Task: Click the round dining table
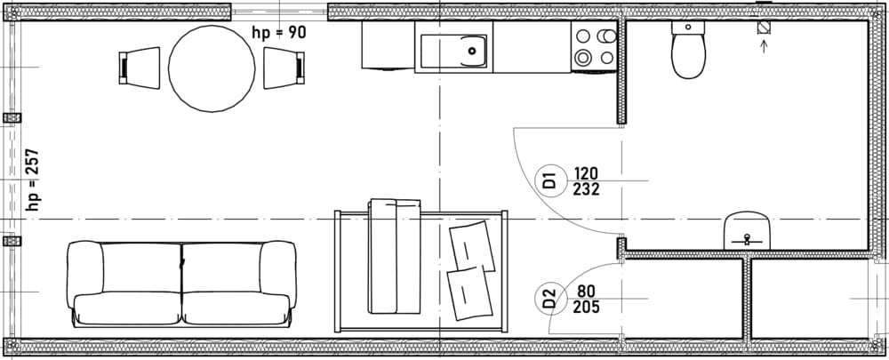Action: tap(212, 68)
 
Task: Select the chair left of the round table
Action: tap(140, 68)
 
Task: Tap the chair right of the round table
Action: tap(284, 68)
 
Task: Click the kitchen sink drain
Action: tap(472, 51)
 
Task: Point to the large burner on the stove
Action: tap(582, 57)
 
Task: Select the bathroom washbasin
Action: tap(748, 230)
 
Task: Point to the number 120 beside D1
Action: tap(586, 173)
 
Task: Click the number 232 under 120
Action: tap(586, 189)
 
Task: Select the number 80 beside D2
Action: tap(586, 292)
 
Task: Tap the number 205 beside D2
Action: tap(586, 308)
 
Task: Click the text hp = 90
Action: tap(278, 32)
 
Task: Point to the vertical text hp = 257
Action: tap(33, 180)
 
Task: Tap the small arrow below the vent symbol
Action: tap(764, 45)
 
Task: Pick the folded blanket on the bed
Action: tap(395, 256)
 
